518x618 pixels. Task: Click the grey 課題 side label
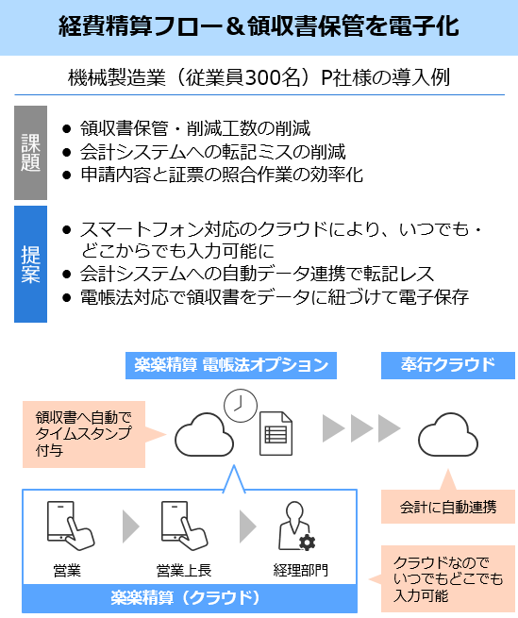coord(30,153)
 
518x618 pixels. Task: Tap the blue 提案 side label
coord(30,264)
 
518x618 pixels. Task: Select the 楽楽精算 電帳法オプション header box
coord(231,365)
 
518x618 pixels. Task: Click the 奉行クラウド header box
coord(448,365)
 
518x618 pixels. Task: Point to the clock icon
coord(241,406)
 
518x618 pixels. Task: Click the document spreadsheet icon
coord(276,434)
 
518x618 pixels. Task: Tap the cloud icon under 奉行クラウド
coord(448,435)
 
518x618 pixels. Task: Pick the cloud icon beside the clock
coord(204,435)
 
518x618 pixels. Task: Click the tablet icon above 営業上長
coord(184,526)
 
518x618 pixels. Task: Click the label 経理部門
coord(300,570)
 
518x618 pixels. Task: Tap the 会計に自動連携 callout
coord(448,506)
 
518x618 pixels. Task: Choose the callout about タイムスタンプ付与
coord(84,434)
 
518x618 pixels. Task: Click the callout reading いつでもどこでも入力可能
coord(448,578)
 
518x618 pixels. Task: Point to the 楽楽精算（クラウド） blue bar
coord(190,598)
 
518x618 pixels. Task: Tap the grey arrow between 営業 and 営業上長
coord(130,526)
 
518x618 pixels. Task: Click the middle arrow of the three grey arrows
coord(361,428)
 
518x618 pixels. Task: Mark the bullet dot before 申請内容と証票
coord(67,175)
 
